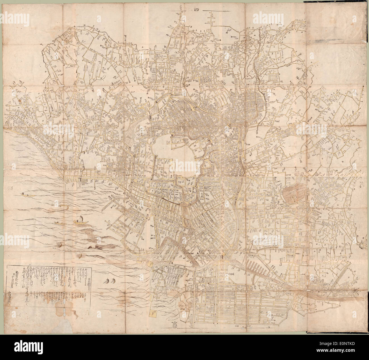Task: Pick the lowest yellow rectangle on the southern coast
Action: (x=155, y=313)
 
